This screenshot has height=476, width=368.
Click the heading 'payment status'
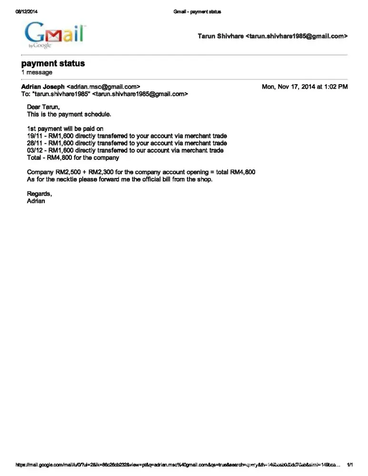click(x=53, y=63)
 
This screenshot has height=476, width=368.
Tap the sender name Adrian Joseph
click(x=43, y=87)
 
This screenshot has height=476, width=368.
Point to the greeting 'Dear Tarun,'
click(x=43, y=107)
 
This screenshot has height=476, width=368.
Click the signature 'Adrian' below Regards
click(x=36, y=201)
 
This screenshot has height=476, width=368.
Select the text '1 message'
click(x=37, y=72)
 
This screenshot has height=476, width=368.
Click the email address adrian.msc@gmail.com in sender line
click(x=103, y=87)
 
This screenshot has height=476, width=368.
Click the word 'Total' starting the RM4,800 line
click(x=34, y=158)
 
